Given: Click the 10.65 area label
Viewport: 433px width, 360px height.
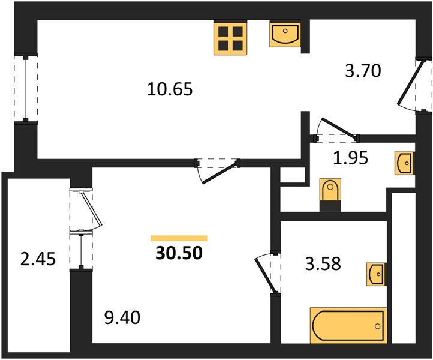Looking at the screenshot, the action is point(170,89).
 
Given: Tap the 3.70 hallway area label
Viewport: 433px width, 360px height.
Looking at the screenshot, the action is point(363,70).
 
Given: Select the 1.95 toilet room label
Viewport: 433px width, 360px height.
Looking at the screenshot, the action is point(351,158).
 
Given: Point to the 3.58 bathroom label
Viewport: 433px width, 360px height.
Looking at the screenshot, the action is point(323,263).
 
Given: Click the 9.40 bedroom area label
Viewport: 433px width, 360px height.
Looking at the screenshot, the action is point(122,317).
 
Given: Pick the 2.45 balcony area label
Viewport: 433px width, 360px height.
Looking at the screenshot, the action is point(38,259).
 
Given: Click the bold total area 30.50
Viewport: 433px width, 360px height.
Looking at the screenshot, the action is point(179,253).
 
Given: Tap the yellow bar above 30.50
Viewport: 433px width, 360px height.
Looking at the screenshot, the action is point(179,238).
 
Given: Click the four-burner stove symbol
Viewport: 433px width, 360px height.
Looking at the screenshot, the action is point(230,38).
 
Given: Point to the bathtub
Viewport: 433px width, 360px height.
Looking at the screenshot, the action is point(348,325).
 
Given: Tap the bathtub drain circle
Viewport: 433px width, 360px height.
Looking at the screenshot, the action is point(377,326).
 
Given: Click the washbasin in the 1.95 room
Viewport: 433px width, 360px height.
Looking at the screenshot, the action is point(404,163).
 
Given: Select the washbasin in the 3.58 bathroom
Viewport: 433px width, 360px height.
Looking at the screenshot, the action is point(376,274).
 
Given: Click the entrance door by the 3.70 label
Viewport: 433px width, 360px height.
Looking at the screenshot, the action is point(410,85).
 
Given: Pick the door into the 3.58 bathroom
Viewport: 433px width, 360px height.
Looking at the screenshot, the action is point(266,273).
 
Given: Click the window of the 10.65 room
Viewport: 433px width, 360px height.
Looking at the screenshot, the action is point(26,88).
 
